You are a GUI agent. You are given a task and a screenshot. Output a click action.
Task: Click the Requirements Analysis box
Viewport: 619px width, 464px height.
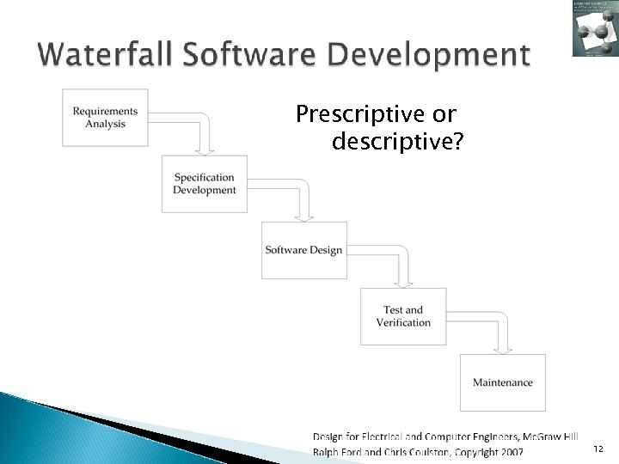[x=105, y=118]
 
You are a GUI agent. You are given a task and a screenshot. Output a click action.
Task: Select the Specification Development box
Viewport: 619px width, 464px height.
[x=205, y=184]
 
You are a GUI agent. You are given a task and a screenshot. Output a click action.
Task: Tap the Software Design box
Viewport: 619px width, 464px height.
[x=303, y=250]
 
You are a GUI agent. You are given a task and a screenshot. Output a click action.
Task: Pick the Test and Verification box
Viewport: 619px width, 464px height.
[x=403, y=316]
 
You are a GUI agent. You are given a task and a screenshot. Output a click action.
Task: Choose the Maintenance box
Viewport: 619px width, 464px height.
[x=503, y=382]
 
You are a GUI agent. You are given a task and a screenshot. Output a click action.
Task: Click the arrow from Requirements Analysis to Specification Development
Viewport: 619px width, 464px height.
[x=202, y=129]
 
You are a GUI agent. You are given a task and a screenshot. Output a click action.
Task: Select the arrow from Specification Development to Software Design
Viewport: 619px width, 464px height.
[x=302, y=196]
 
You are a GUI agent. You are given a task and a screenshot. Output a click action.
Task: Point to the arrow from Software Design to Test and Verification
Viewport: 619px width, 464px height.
[x=401, y=262]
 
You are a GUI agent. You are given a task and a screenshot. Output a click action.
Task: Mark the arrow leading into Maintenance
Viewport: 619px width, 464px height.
[x=500, y=328]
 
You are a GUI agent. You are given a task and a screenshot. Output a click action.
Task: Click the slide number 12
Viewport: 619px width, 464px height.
[x=598, y=449]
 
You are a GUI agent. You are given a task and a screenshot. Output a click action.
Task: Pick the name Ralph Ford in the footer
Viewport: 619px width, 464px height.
[x=338, y=451]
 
